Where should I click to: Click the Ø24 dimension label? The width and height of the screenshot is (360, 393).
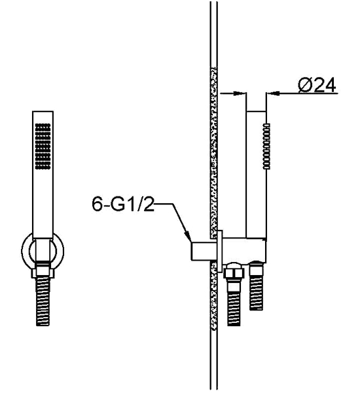click(317, 85)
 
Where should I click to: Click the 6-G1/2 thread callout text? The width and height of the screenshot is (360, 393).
click(123, 204)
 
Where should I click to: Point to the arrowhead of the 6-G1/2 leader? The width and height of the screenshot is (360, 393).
click(187, 236)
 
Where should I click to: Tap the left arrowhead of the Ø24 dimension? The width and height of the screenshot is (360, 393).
click(240, 94)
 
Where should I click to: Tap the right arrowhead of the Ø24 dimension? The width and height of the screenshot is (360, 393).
click(273, 94)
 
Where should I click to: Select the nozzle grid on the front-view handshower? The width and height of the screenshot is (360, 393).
click(43, 146)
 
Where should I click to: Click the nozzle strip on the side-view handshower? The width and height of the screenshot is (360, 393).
click(266, 146)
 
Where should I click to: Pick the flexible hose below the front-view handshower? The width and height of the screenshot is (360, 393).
click(43, 301)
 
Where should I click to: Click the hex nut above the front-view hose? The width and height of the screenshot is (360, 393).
click(43, 272)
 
